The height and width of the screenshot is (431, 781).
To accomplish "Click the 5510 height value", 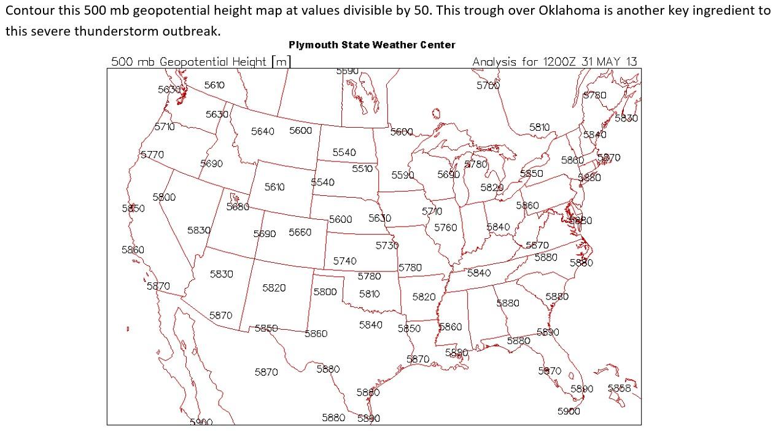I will (362, 168).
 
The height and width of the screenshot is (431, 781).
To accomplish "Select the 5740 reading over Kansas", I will (344, 261).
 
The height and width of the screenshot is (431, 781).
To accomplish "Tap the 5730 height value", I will (387, 245).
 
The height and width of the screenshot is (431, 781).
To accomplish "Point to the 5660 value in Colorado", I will (300, 232).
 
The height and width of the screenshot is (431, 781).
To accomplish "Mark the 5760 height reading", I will (445, 227).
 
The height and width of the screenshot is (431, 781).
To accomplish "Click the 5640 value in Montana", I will (262, 131).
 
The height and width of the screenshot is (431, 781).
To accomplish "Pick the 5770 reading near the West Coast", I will (152, 155).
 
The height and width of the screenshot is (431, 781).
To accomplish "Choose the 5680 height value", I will (238, 207).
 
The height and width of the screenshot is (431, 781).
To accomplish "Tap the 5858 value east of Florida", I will (619, 388).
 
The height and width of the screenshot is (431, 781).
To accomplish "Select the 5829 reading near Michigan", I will (492, 187).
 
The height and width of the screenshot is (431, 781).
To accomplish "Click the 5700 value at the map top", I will (488, 85).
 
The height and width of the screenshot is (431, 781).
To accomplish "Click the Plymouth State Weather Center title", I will (372, 45).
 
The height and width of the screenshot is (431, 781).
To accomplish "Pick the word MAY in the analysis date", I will (611, 61).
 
